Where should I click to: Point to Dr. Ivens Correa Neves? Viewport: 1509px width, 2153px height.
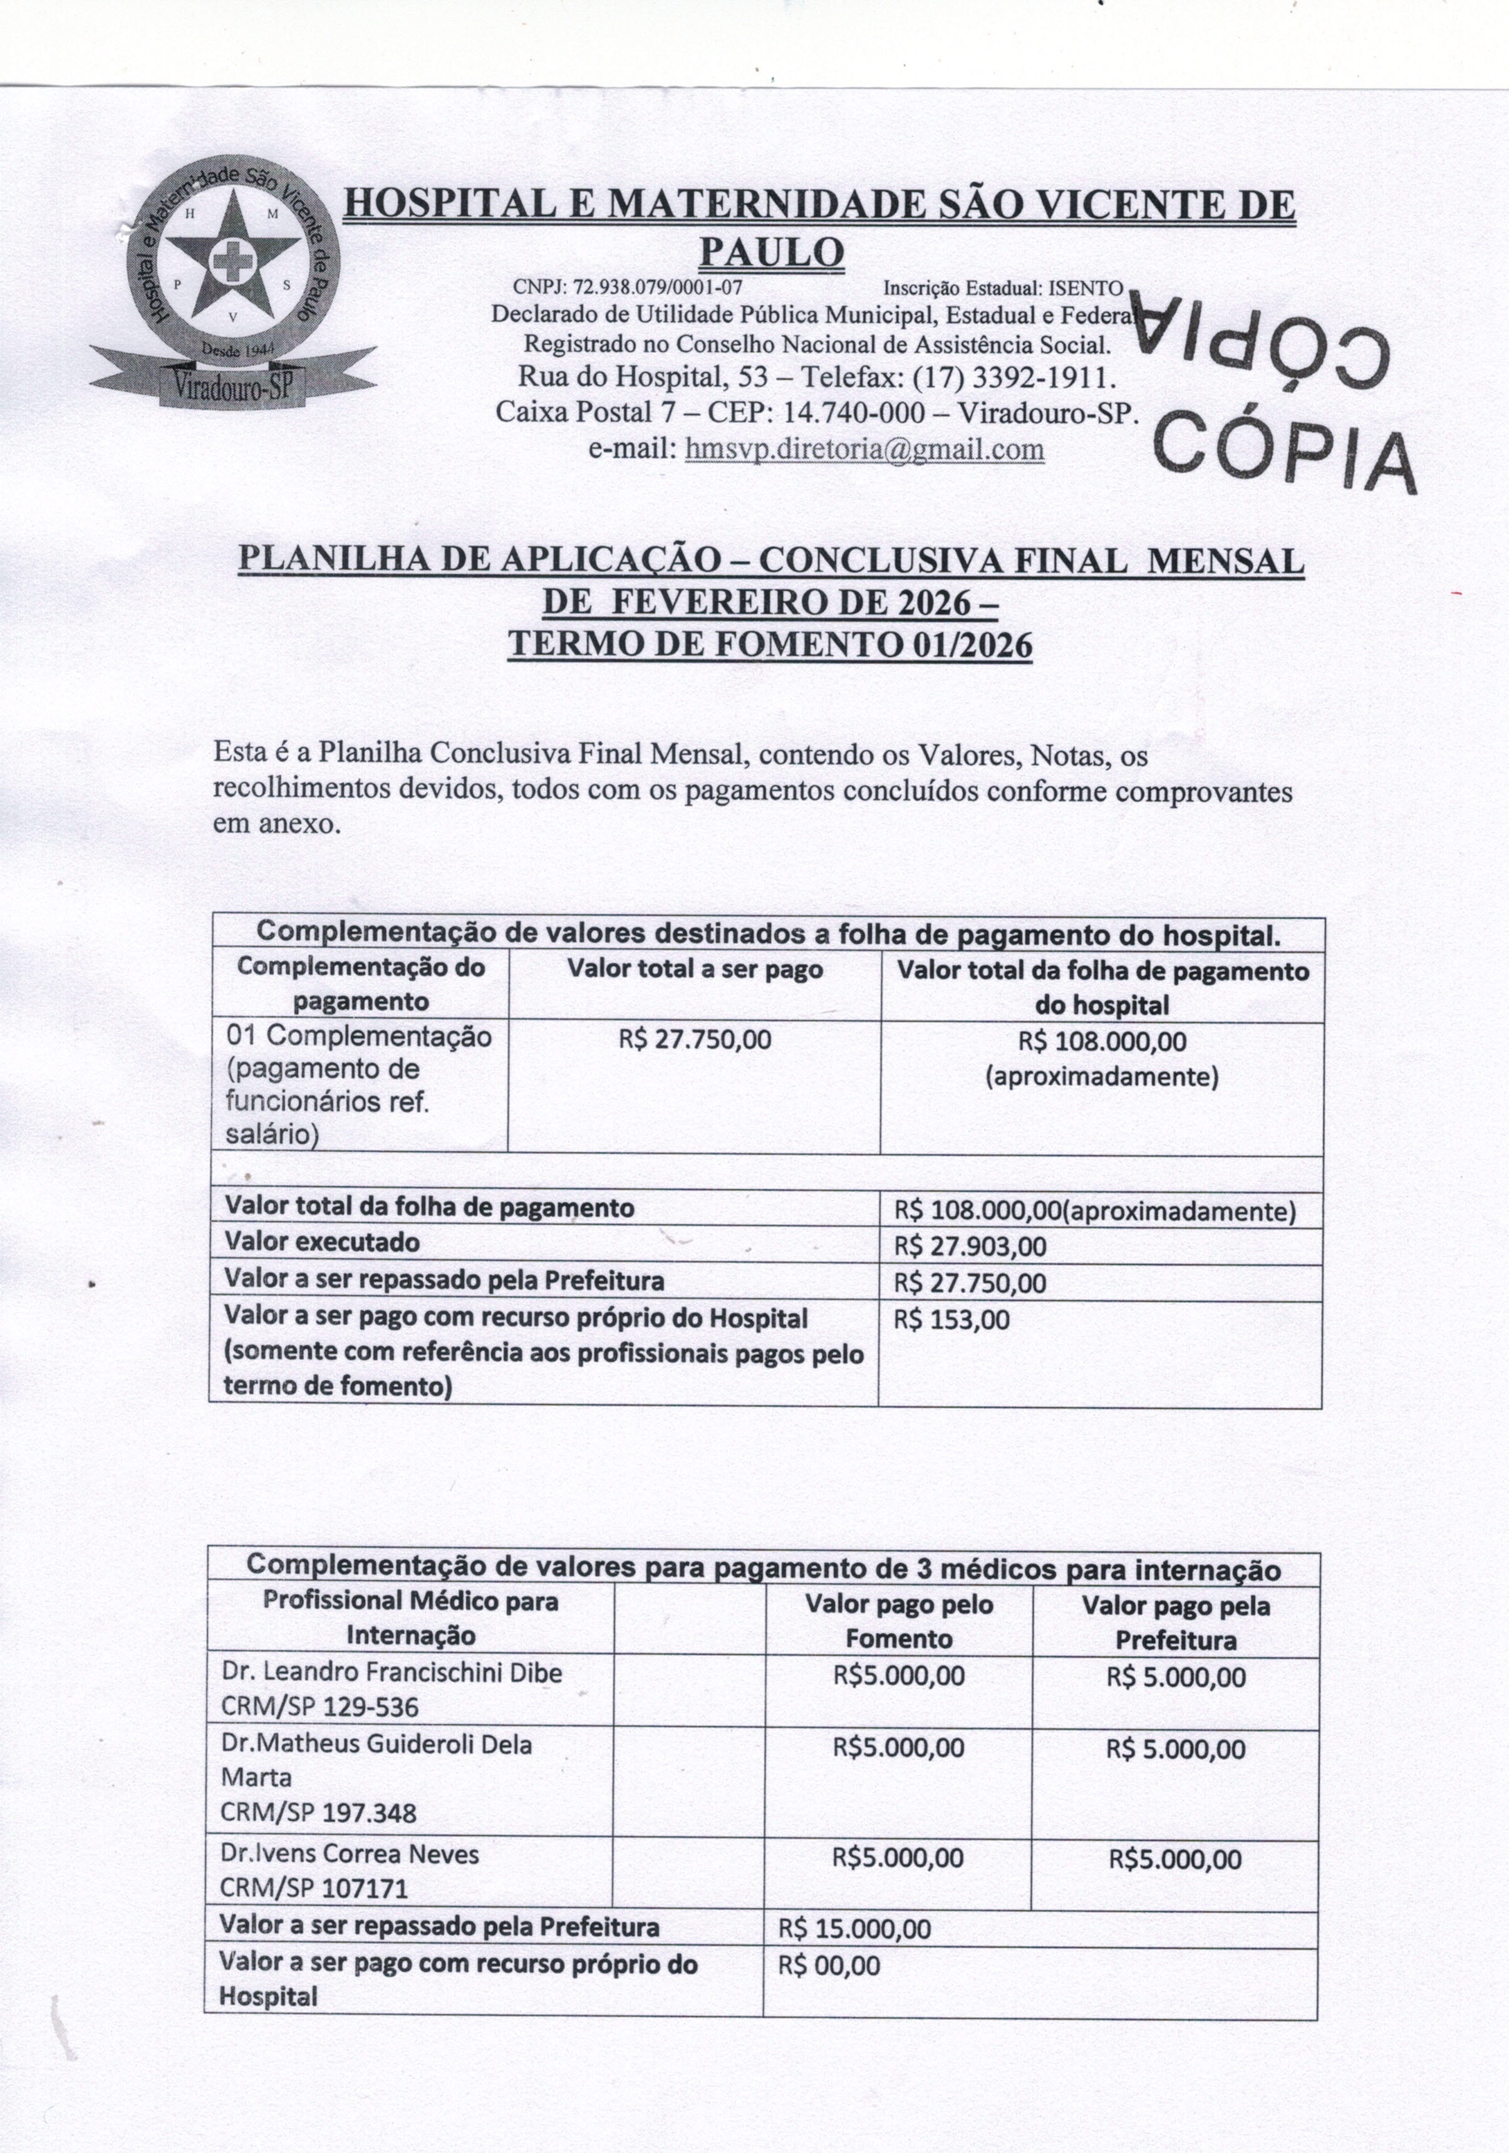(x=350, y=1854)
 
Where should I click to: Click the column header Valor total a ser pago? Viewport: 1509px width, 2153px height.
(x=694, y=970)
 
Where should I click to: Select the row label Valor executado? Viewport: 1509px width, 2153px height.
(x=322, y=1242)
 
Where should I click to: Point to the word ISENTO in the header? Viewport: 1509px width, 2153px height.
(x=1085, y=287)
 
